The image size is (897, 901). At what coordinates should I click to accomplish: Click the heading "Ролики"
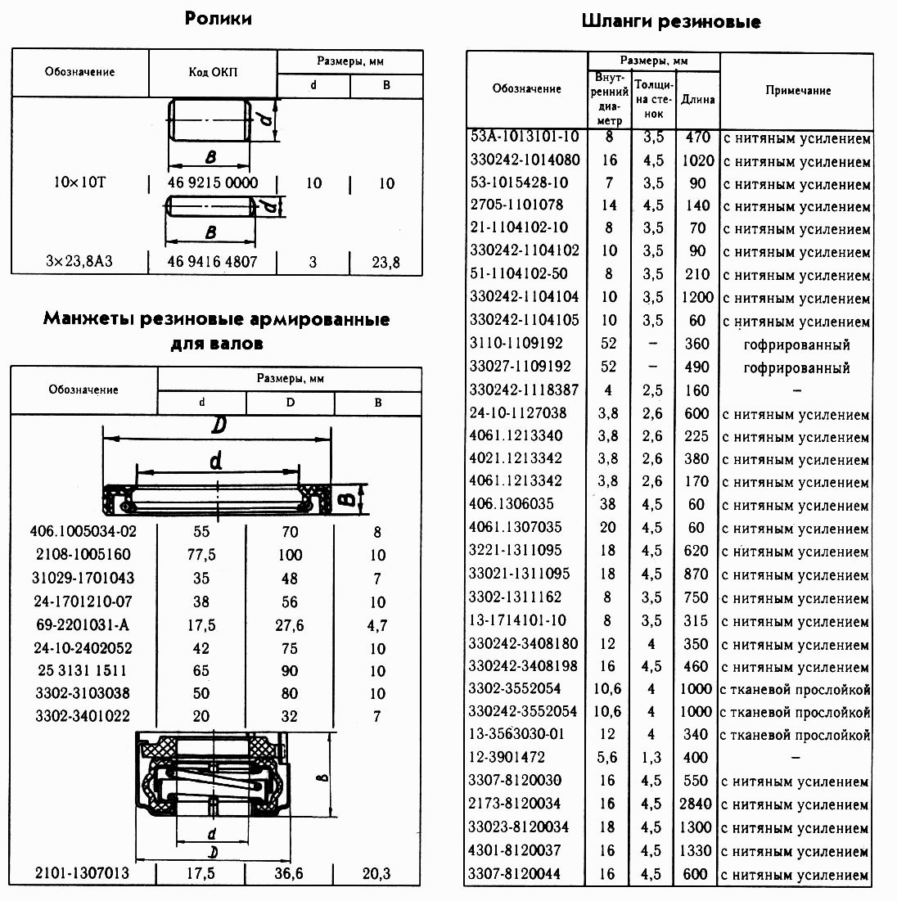coord(218,18)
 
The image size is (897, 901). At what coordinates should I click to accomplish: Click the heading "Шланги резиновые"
coord(671,22)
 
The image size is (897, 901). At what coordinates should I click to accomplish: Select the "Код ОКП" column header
coord(213,73)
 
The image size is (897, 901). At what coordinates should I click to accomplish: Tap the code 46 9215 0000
coord(213,182)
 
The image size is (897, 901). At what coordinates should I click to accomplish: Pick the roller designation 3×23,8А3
coord(79,263)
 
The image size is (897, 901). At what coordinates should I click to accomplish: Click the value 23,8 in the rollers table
coord(385,263)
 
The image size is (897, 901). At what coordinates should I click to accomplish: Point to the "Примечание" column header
coord(798,91)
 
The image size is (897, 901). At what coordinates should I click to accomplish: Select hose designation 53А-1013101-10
coord(525,137)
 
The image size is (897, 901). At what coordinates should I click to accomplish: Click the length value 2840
coord(697,804)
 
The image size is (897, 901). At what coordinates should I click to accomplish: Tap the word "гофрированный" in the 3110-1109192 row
coord(796,345)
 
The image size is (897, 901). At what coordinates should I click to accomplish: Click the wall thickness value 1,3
coord(651,758)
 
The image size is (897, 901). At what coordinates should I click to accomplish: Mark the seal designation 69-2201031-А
coord(84,625)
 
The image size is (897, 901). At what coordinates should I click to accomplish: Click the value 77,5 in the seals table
coord(201,555)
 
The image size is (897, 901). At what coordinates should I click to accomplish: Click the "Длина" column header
coord(697,99)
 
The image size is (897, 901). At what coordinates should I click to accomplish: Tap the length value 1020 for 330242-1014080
coord(697,160)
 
